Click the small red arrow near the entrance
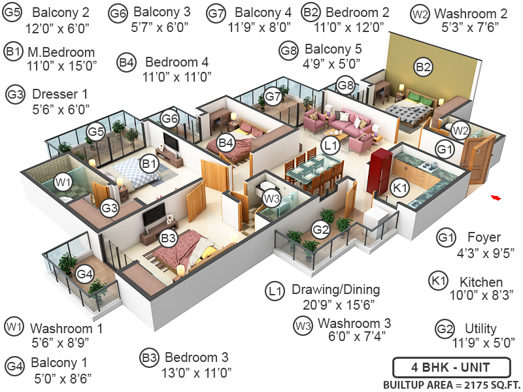tap(496, 197)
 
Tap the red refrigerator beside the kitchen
tap(379, 171)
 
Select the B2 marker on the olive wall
tap(423, 67)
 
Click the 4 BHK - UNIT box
tap(450, 367)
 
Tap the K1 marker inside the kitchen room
tap(400, 188)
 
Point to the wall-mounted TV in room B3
tap(154, 213)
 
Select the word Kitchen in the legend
tap(481, 282)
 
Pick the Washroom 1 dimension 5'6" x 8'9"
tap(59, 342)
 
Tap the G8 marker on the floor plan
tap(345, 84)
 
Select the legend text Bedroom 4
tap(177, 62)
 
